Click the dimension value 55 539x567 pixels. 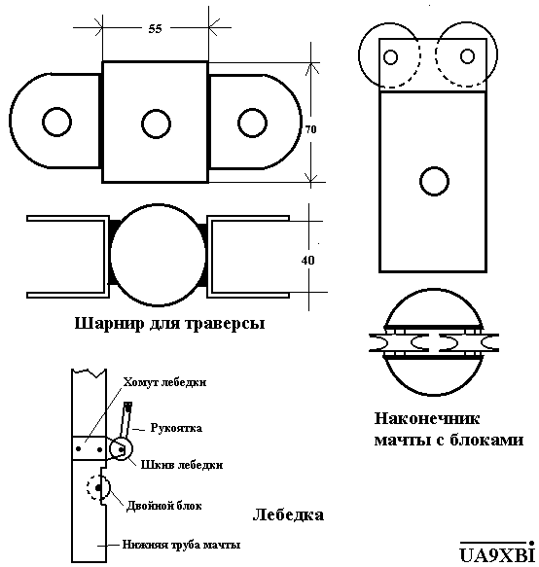click(155, 29)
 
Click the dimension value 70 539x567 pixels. click(310, 129)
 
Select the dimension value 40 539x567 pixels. click(307, 260)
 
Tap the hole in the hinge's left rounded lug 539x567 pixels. click(56, 122)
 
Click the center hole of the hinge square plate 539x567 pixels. click(156, 124)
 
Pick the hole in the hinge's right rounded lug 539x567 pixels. click(253, 123)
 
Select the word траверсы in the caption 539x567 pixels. click(226, 324)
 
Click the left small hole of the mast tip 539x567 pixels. click(391, 57)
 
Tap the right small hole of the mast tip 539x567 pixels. click(467, 56)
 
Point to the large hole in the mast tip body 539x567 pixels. click(435, 181)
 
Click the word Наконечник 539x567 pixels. click(427, 419)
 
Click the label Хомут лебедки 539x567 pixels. click(164, 382)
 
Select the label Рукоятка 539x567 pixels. click(176, 428)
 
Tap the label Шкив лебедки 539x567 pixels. click(182, 465)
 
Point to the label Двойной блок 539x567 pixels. click(163, 506)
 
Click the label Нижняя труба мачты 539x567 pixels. click(181, 545)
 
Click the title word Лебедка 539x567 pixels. click(288, 514)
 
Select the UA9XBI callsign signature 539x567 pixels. click(497, 553)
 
